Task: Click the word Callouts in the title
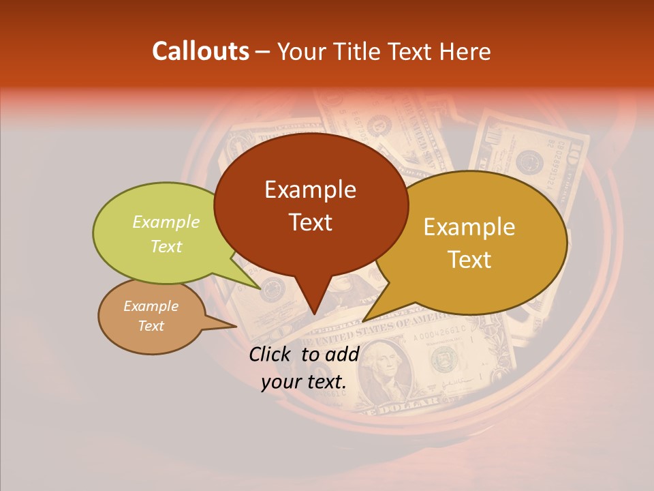[x=200, y=51]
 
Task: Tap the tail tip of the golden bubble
[x=364, y=320]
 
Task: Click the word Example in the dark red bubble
[x=310, y=190]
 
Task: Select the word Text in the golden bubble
[x=469, y=260]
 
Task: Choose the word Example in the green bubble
[x=166, y=222]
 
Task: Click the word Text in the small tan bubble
[x=151, y=326]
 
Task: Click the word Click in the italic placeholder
[x=271, y=354]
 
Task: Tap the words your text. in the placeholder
[x=304, y=383]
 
